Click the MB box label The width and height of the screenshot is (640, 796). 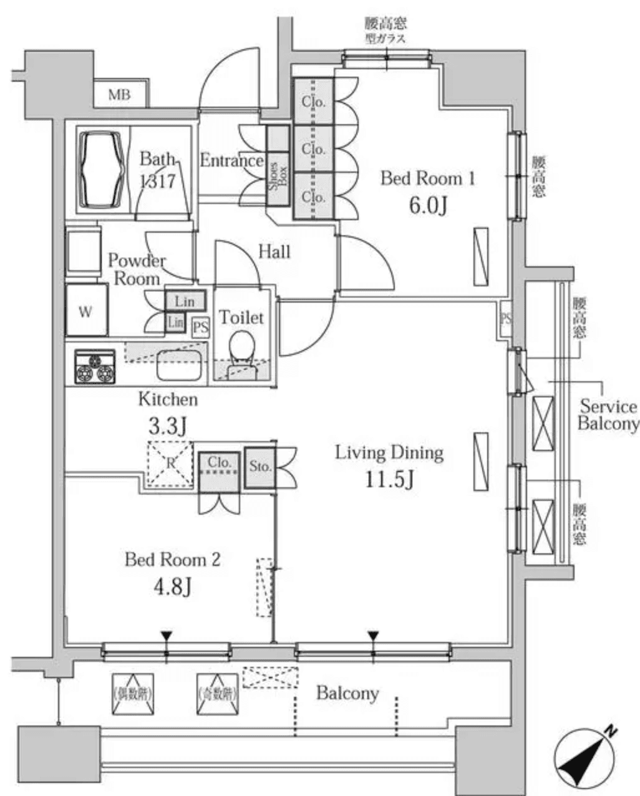[x=120, y=95]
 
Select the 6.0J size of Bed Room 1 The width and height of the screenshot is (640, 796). [x=427, y=206]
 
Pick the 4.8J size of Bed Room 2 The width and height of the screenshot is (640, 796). [x=172, y=586]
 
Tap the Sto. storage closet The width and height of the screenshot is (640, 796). [x=259, y=466]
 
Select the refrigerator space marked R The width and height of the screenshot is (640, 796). [x=170, y=464]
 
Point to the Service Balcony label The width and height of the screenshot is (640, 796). [x=607, y=415]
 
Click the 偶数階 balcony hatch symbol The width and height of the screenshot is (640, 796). [x=133, y=694]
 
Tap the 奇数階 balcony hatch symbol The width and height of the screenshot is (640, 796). [x=218, y=694]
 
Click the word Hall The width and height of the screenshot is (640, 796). [x=274, y=252]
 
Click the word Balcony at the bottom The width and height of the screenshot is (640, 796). [x=347, y=693]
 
